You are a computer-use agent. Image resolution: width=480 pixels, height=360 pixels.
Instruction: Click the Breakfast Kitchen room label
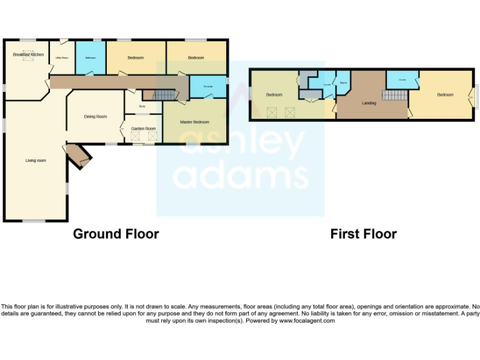click(x=28, y=55)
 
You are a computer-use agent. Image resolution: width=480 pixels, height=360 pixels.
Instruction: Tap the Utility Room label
click(x=61, y=57)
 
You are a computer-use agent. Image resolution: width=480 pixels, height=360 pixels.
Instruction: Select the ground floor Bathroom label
click(x=90, y=57)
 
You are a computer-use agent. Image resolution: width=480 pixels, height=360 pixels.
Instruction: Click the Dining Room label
click(x=96, y=116)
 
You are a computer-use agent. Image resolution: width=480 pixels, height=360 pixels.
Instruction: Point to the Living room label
click(x=36, y=161)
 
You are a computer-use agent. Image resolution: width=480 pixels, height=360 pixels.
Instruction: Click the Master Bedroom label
click(x=194, y=122)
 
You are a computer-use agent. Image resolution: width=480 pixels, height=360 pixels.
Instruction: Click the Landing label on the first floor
click(x=369, y=102)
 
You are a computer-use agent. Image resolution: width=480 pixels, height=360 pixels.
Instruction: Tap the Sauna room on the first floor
click(x=343, y=82)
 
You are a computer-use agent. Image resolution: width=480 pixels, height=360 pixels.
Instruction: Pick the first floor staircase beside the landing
click(x=394, y=95)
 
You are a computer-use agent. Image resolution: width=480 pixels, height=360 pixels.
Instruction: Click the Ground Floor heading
click(x=116, y=234)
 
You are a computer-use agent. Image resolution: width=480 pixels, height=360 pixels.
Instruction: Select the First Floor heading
click(x=363, y=234)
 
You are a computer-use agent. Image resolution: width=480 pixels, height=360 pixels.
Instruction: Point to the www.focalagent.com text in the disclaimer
click(x=307, y=321)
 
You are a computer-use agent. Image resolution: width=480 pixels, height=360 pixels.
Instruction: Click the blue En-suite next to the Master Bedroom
click(x=207, y=87)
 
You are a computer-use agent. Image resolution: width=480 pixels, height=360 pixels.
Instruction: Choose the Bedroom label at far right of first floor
click(x=445, y=94)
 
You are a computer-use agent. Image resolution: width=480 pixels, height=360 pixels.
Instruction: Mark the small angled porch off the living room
click(x=79, y=156)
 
